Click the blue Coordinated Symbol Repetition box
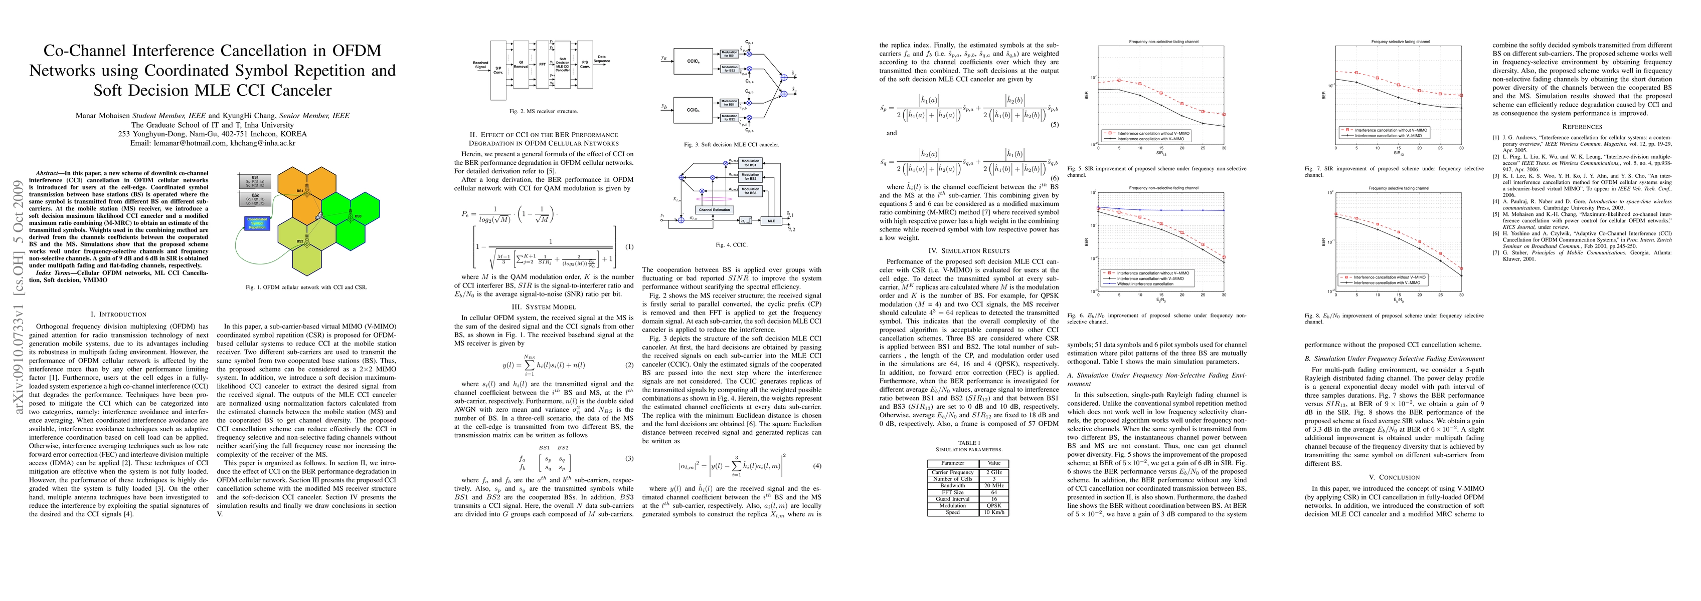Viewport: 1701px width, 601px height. tap(257, 223)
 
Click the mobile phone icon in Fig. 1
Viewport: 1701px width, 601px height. tap(318, 216)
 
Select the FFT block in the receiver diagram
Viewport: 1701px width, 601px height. tap(542, 65)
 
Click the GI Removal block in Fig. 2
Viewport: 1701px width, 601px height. tap(521, 65)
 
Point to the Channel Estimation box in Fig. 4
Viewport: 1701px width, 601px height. tap(715, 210)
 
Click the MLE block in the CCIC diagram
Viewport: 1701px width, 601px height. tap(771, 221)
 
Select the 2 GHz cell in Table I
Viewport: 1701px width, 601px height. tap(994, 472)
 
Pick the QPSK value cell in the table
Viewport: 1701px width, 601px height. tap(994, 505)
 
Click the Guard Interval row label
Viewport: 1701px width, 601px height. tap(953, 499)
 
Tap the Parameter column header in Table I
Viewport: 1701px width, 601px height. tap(953, 463)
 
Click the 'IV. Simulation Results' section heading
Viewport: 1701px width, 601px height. tap(969, 251)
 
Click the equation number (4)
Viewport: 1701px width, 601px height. tap(817, 466)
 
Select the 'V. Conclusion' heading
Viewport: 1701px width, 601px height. tap(1394, 477)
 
